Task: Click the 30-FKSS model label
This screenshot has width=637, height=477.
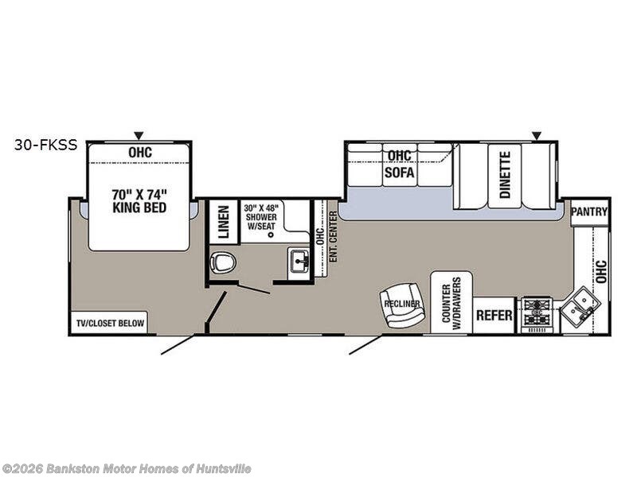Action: coord(45,145)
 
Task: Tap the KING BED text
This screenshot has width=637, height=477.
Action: coord(139,207)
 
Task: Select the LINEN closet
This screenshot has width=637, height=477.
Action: coord(224,222)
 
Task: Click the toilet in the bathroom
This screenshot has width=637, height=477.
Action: coord(223,262)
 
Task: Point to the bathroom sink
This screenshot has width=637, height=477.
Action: coord(299,260)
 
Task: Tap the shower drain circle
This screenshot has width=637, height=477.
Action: coord(271,235)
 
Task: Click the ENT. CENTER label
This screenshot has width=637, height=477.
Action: coord(333,236)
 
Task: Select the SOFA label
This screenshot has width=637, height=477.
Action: coord(400,173)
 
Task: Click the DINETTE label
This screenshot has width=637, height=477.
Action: coord(505,175)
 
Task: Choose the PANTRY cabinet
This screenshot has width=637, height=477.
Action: coord(589,212)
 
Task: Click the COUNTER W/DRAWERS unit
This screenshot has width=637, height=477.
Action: coord(451,303)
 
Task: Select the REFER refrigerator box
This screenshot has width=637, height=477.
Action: coord(494,315)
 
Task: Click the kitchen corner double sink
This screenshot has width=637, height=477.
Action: coord(580,307)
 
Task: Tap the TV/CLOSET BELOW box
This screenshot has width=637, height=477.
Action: coord(110,324)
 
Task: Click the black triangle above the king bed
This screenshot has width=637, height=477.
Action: coord(139,135)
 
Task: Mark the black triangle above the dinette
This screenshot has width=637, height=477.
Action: coord(537,135)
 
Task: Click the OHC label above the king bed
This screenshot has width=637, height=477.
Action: coord(140,152)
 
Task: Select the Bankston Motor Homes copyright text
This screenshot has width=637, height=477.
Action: coord(126,469)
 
